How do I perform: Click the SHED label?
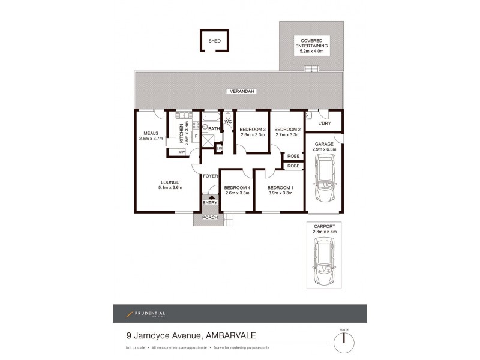[214, 41]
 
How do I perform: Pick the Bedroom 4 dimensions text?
[236, 193]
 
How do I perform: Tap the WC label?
[228, 122]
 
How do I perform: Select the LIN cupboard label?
[220, 148]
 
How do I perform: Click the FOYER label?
[209, 176]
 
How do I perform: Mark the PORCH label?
[209, 217]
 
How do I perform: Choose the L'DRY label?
[325, 124]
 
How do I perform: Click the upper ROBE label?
[293, 156]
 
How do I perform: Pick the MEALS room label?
[150, 133]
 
